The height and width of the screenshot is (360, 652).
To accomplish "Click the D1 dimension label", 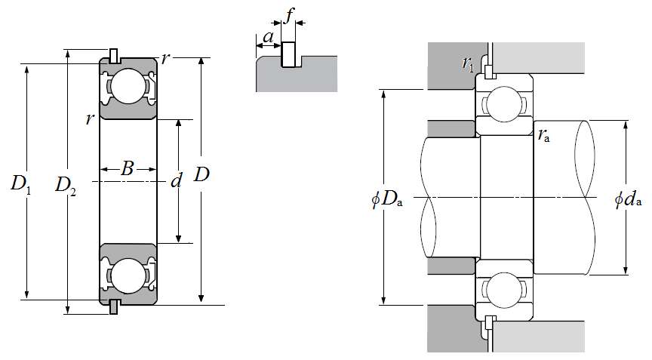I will click(x=20, y=184).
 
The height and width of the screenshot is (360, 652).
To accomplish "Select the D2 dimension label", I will click(x=66, y=184).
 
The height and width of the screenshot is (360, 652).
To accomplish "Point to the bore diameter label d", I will click(x=177, y=181).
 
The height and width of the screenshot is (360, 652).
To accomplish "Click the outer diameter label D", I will click(x=201, y=175).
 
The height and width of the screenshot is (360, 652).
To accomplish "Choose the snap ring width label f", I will click(x=290, y=14).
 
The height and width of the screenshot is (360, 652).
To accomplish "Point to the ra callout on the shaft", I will click(x=543, y=136).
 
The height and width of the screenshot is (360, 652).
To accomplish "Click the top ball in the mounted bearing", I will click(x=503, y=103).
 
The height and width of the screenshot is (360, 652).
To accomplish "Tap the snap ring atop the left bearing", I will click(x=114, y=55).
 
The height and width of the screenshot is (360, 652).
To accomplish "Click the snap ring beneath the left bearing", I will click(x=114, y=306).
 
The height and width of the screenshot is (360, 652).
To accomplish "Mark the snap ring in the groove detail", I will click(x=288, y=55).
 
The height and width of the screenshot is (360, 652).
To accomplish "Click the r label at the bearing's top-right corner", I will click(x=165, y=59).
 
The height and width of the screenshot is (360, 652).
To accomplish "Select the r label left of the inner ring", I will click(x=89, y=119).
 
